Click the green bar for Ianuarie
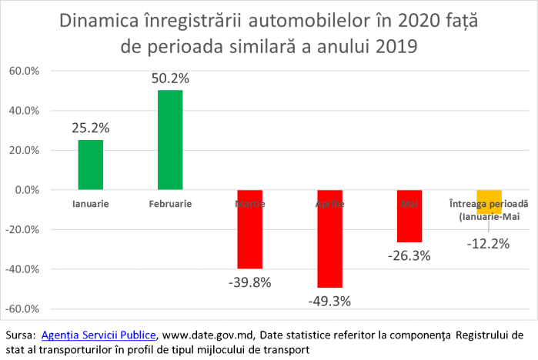pyautogui.click(x=90, y=165)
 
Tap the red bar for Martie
pyautogui.click(x=249, y=229)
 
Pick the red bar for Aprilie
pyautogui.click(x=329, y=238)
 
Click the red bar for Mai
pyautogui.click(x=409, y=216)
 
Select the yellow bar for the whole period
pyautogui.click(x=489, y=202)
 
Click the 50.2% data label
pyautogui.click(x=171, y=78)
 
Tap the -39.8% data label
pyautogui.click(x=249, y=282)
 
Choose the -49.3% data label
pyautogui.click(x=329, y=301)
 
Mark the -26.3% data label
pyautogui.click(x=409, y=255)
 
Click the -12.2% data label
pyautogui.click(x=488, y=243)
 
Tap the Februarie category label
pyautogui.click(x=170, y=204)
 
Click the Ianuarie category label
pyautogui.click(x=90, y=204)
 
